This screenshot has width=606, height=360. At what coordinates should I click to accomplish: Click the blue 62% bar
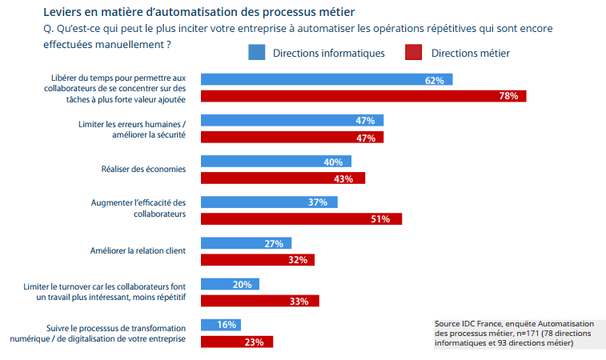327,80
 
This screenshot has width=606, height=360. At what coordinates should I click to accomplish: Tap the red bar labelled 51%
301,218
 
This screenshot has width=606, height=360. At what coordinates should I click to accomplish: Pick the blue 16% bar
220,325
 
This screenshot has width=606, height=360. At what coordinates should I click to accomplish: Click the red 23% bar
236,342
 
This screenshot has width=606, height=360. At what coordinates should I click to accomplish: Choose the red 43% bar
283,178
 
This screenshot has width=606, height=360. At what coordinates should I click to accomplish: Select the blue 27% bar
246,243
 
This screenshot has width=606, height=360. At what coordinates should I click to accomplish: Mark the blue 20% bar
229,284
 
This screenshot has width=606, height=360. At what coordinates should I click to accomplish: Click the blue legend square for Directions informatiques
256,53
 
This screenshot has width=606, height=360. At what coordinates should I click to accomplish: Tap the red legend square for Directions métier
413,53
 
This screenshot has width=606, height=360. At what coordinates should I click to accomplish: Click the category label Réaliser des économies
143,169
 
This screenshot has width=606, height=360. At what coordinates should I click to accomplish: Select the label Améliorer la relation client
138,250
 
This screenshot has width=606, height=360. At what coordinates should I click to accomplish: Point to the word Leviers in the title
62,12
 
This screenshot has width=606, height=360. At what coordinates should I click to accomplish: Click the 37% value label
317,202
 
